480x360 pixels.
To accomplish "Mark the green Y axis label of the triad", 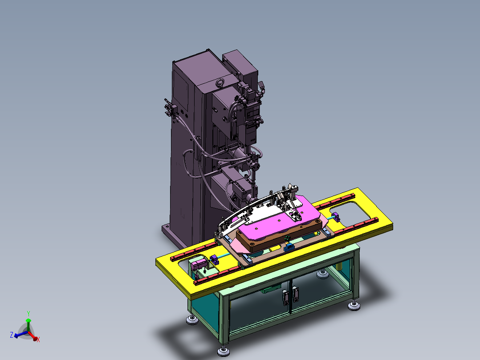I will pos(28,313).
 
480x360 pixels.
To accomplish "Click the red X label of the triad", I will pos(38,340).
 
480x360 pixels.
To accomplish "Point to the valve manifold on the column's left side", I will pos(169,109).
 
